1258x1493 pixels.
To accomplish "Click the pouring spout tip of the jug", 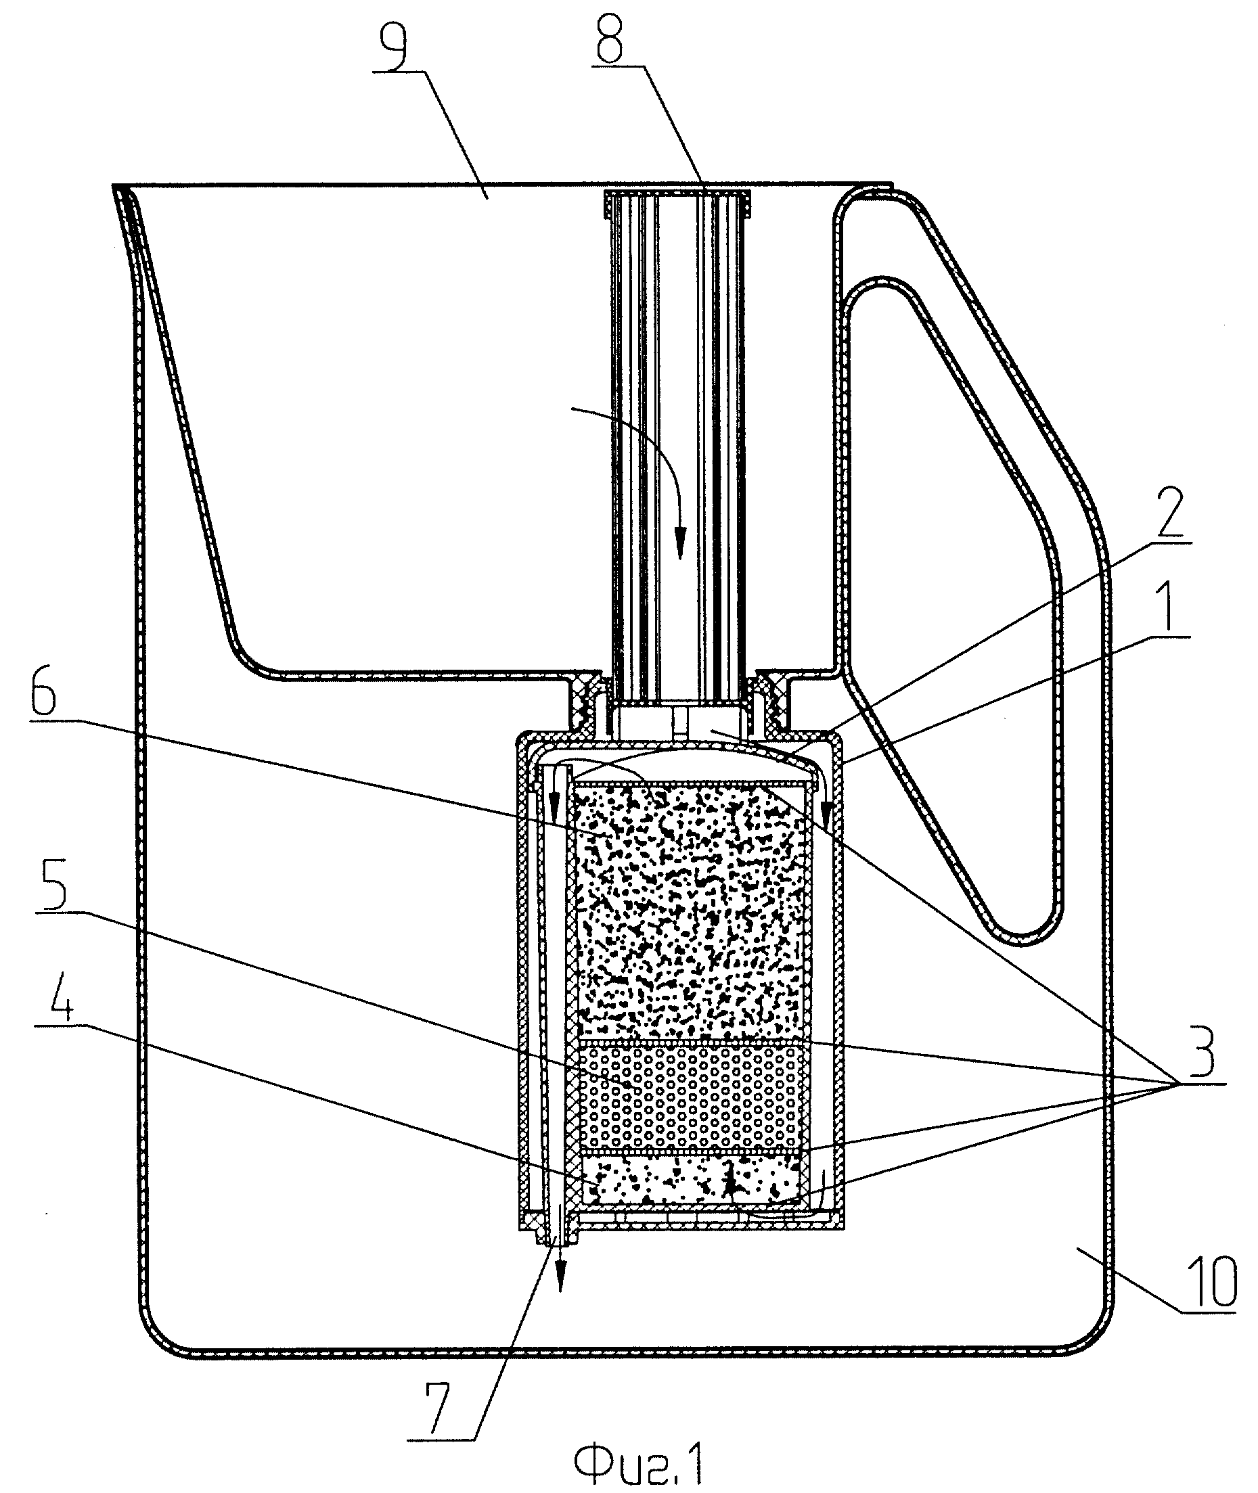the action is (118, 189).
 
